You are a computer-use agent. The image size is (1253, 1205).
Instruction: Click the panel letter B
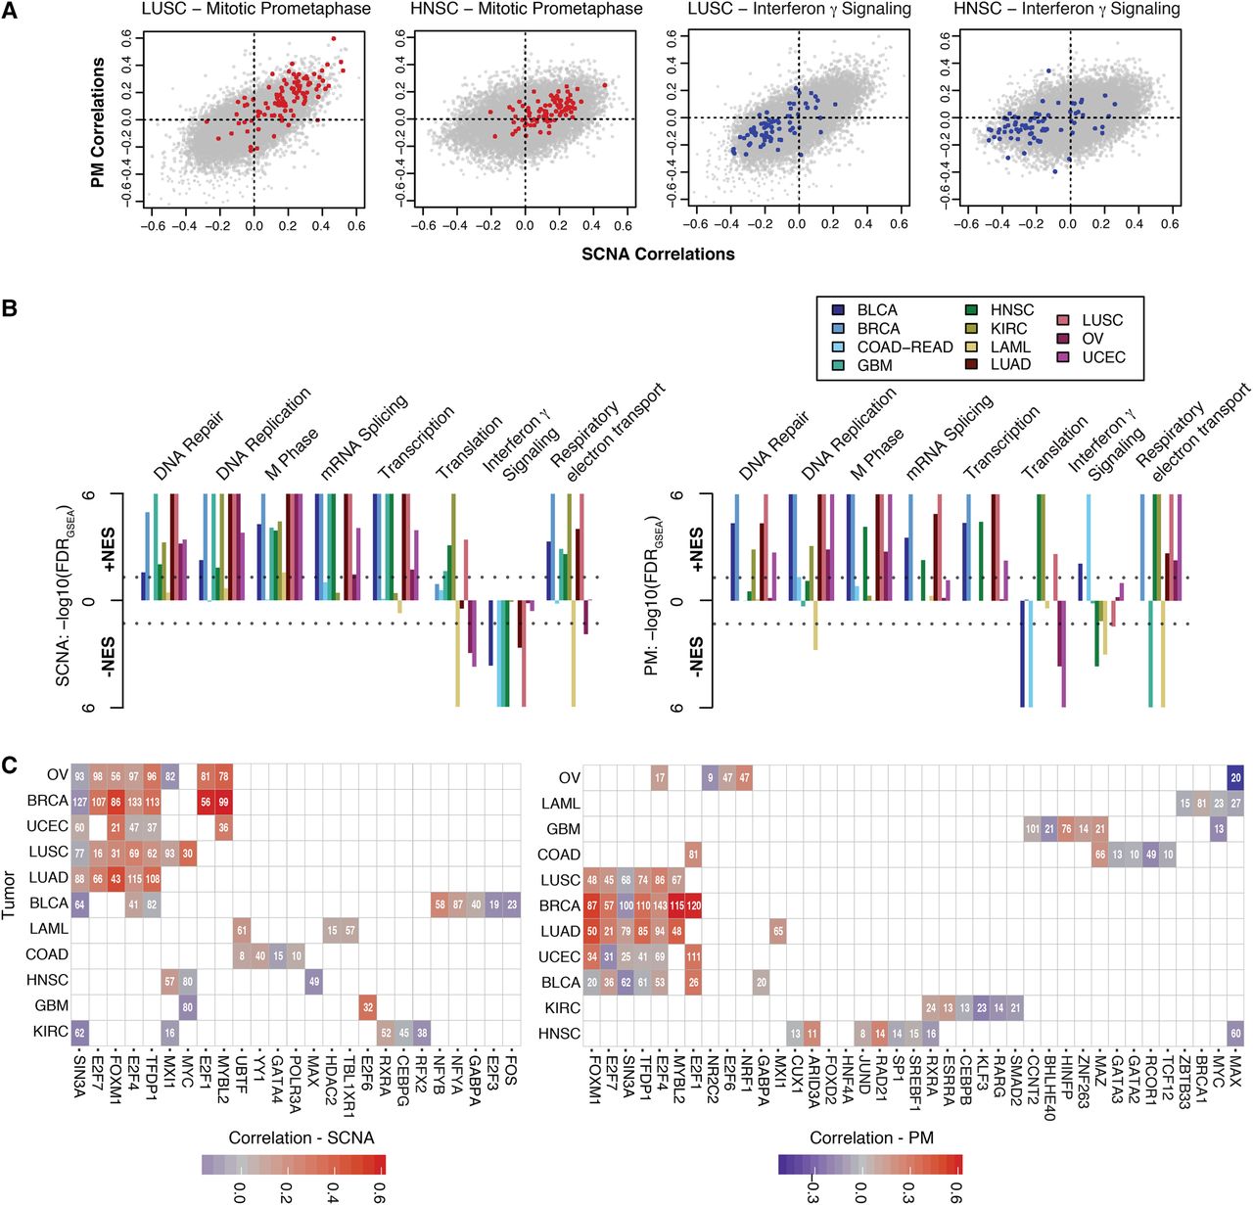point(10,308)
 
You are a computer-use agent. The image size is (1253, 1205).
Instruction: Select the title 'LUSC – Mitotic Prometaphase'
point(255,9)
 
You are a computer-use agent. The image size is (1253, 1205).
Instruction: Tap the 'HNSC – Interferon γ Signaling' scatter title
point(1066,9)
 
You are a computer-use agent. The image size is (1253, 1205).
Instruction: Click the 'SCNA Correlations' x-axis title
point(658,255)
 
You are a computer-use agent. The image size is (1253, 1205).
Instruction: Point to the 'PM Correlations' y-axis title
point(98,122)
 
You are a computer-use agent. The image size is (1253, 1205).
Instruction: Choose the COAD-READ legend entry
point(905,347)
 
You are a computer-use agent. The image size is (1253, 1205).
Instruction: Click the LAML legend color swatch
point(971,347)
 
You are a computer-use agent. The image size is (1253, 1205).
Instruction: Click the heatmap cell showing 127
point(80,802)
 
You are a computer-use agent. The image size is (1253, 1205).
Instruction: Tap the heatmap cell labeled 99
point(224,802)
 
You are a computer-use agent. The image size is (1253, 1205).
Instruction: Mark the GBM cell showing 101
point(1033,829)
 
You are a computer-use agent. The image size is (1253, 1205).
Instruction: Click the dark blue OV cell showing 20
point(1235,778)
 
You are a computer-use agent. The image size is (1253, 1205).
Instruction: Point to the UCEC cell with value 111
point(694,956)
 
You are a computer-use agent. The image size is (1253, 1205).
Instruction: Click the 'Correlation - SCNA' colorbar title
point(302,1137)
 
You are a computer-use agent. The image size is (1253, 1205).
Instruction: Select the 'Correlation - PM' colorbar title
point(871,1137)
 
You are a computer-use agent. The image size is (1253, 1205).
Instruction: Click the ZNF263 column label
point(1084,1083)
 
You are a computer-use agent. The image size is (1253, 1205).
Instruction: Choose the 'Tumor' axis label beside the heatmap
point(10,897)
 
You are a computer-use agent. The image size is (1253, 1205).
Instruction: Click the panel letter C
point(10,764)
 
